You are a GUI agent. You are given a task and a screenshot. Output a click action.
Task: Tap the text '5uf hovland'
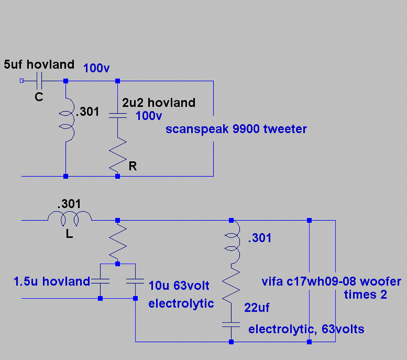click(x=39, y=65)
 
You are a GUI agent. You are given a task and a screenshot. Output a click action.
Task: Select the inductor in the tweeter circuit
click(x=67, y=119)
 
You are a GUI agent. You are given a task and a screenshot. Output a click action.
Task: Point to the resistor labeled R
click(x=117, y=155)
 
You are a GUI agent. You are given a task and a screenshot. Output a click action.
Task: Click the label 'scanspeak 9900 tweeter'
click(x=236, y=129)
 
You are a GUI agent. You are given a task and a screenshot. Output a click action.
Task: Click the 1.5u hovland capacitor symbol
click(x=100, y=281)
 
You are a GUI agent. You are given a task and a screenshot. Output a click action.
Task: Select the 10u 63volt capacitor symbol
click(x=135, y=281)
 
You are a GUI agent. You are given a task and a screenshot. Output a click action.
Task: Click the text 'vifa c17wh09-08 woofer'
click(x=331, y=281)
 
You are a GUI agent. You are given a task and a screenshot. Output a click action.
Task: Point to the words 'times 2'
click(x=365, y=294)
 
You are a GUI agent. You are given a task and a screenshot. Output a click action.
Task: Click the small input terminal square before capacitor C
click(x=21, y=81)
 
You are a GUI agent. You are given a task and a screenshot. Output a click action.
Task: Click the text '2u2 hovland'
click(x=159, y=103)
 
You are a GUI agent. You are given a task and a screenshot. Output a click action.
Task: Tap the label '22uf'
click(x=257, y=308)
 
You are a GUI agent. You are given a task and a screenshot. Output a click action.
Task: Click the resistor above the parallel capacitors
click(x=117, y=241)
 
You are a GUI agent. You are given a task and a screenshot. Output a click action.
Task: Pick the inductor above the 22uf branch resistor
click(x=231, y=242)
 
